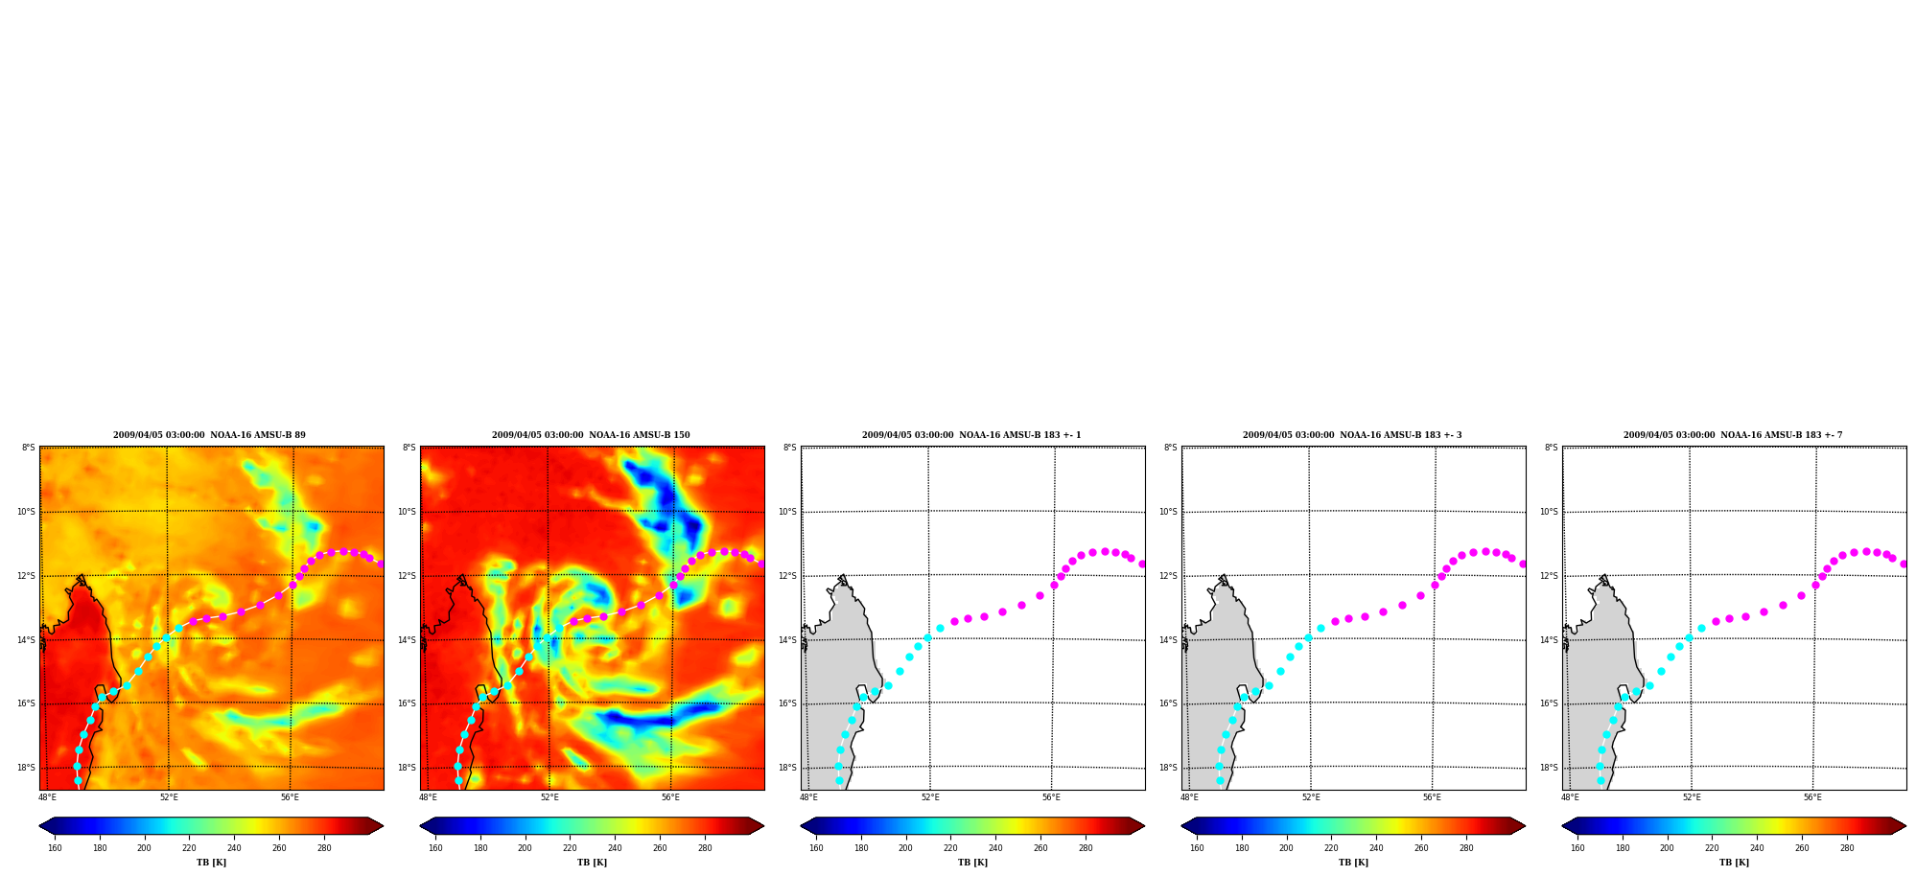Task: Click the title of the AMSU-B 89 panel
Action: tap(209, 435)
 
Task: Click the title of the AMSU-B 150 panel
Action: tap(591, 435)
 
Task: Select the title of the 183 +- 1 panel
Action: tap(971, 435)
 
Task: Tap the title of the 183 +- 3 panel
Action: tap(1352, 435)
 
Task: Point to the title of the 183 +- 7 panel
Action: tap(1733, 435)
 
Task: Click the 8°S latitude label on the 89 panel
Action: tap(29, 448)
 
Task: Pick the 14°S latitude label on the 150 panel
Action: tap(407, 640)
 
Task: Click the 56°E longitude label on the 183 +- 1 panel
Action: tap(1051, 797)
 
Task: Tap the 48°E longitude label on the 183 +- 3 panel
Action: tap(1189, 797)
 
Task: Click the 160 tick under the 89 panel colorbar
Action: tap(55, 847)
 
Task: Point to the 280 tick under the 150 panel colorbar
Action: tap(705, 847)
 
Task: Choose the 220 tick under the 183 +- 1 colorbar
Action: tap(950, 847)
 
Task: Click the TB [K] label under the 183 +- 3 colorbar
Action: tap(1353, 863)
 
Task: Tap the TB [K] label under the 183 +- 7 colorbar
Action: tap(1734, 863)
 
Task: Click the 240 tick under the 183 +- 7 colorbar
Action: tap(1757, 847)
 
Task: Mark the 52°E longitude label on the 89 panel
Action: tap(169, 797)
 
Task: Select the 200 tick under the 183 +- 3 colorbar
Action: tap(1286, 847)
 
